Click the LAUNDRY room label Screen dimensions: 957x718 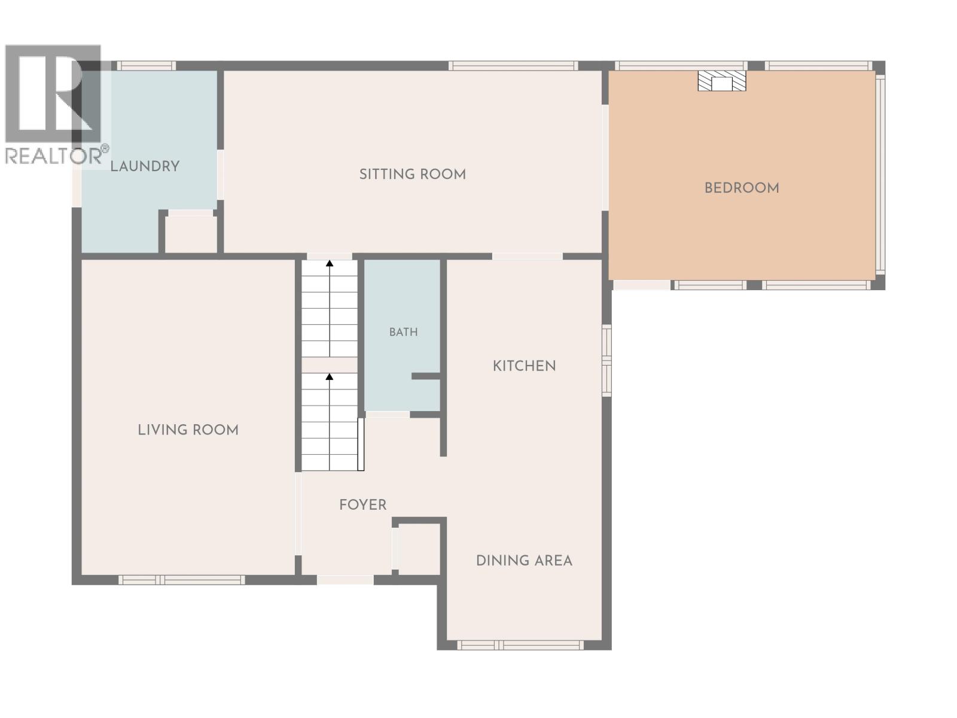tap(145, 166)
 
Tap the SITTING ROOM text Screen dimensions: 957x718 tap(413, 174)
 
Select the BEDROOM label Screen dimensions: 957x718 tap(742, 188)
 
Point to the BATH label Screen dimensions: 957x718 tap(403, 332)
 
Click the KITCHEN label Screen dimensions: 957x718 tap(524, 366)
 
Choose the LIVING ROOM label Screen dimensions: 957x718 tap(188, 430)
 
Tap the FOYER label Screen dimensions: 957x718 tap(362, 505)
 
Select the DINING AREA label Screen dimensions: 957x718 tap(524, 561)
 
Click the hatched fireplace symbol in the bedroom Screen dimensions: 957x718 tap(721, 81)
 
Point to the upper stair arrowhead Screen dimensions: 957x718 tap(330, 263)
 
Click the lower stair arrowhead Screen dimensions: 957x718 tap(330, 376)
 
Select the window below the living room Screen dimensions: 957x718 tap(181, 580)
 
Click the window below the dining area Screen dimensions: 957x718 tap(520, 645)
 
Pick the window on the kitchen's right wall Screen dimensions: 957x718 tap(606, 360)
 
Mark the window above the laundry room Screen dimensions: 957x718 tap(146, 66)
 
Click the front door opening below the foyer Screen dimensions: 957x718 tap(345, 580)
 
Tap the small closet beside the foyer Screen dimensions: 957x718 tap(419, 549)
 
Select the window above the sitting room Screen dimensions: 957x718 tap(513, 66)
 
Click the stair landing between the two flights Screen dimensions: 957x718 tap(330, 365)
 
